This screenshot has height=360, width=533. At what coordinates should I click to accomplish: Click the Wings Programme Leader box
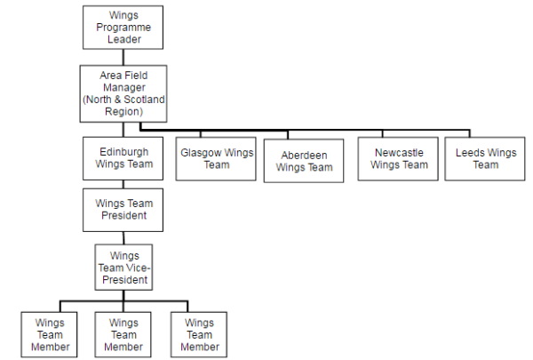[x=123, y=28]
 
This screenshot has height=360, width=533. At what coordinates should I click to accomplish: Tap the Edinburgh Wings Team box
[x=124, y=158]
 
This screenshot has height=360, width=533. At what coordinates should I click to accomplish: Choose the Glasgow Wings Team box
[x=217, y=158]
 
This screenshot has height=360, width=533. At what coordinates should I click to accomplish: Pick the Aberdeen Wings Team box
[x=304, y=161]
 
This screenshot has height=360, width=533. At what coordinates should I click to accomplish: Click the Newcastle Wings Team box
[x=399, y=158]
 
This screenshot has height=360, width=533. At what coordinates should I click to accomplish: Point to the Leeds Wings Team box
[x=485, y=158]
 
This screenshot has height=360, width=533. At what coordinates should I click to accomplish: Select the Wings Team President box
[x=124, y=209]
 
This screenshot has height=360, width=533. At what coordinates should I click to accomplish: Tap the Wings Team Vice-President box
[x=123, y=268]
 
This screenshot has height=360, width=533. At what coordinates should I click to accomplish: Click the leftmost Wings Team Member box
[x=50, y=334]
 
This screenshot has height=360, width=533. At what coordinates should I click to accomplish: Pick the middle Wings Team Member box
[x=123, y=334]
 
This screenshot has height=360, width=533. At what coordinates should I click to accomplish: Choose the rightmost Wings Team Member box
[x=199, y=334]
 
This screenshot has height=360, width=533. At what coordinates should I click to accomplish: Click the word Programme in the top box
[x=123, y=28]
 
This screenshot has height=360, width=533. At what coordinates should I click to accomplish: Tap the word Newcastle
[x=399, y=152]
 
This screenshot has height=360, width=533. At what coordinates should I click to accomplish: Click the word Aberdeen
[x=304, y=156]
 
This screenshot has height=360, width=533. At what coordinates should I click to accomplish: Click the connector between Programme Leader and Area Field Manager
[x=123, y=57]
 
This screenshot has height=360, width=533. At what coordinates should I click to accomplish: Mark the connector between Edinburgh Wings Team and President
[x=123, y=183]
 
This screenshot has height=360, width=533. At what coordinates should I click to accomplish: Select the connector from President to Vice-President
[x=123, y=237]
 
